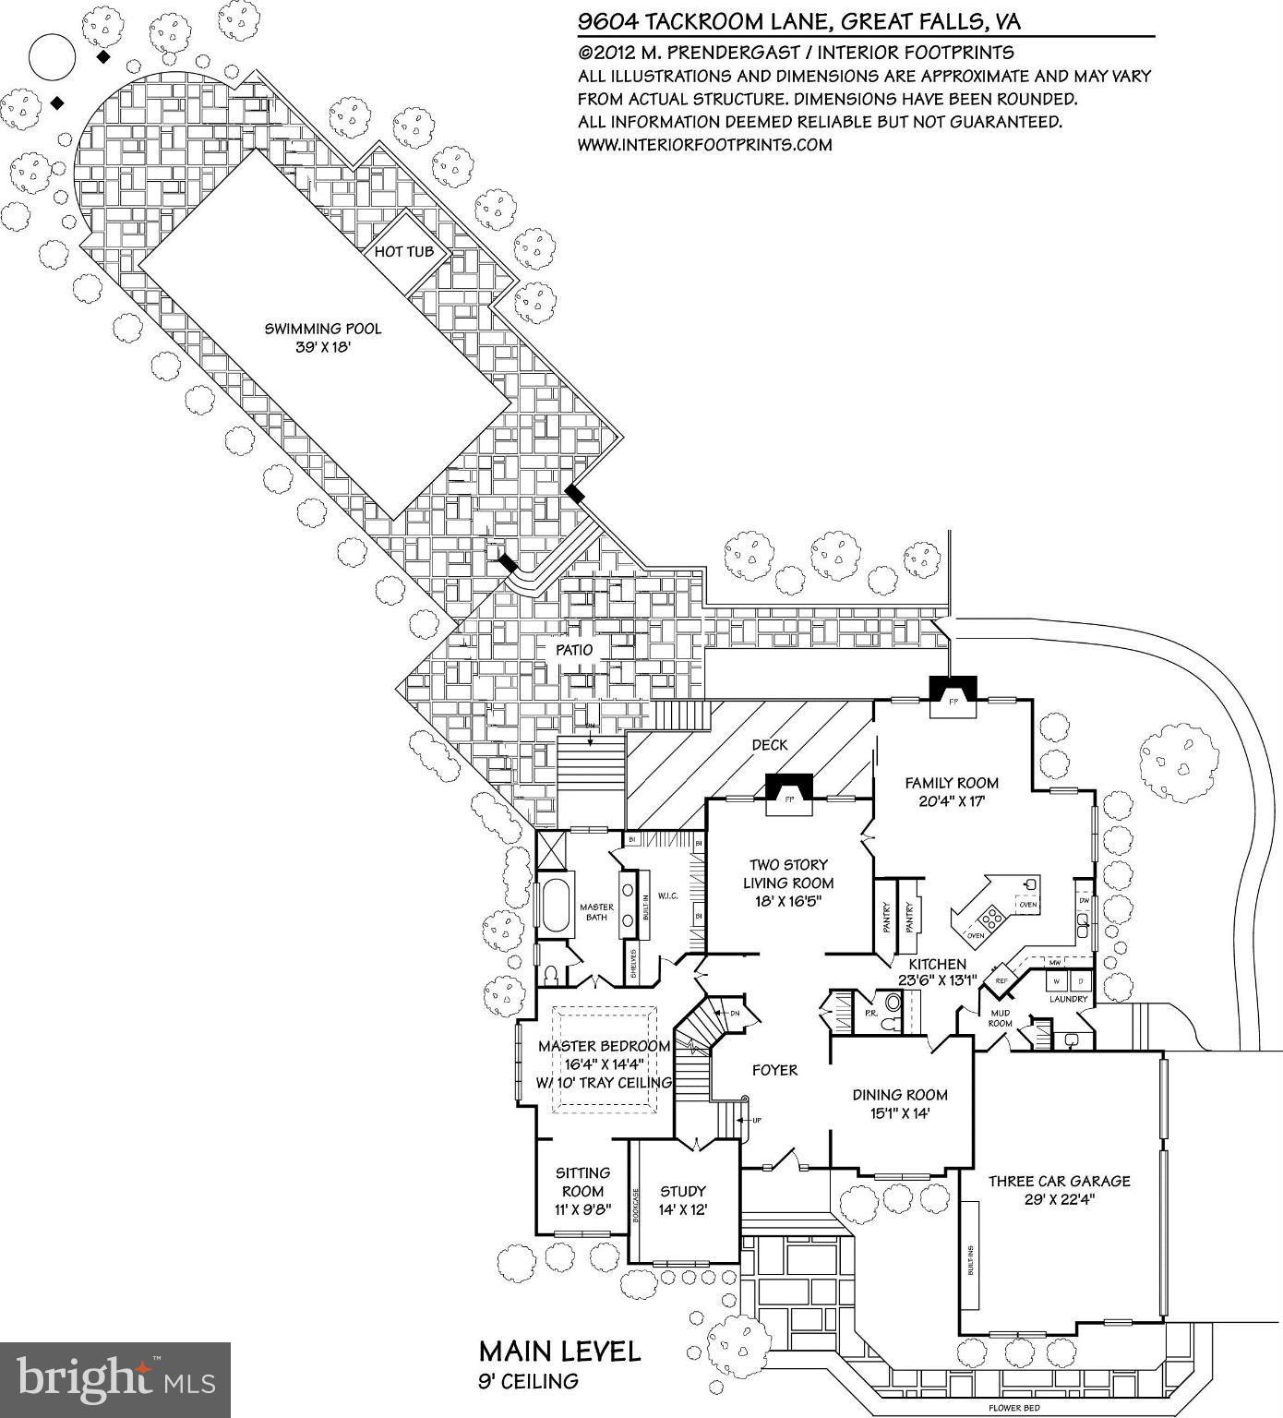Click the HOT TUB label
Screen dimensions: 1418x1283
tap(404, 252)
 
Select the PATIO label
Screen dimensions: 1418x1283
tap(573, 650)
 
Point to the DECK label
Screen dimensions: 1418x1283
tap(769, 744)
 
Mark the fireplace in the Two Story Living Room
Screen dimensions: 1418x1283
tap(789, 787)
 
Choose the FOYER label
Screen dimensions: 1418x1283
tap(774, 1070)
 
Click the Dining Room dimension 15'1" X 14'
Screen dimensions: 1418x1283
tap(900, 1114)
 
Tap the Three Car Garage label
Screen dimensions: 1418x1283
tap(1059, 1181)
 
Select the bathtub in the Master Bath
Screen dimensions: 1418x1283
tap(556, 907)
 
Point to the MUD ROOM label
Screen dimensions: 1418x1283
tap(1001, 1017)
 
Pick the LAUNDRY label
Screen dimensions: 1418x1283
tap(1068, 999)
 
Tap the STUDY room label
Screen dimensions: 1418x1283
tap(683, 1191)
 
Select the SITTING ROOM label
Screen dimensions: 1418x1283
tap(582, 1182)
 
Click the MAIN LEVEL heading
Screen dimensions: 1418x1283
tap(559, 1352)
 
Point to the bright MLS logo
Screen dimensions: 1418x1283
tap(115, 1379)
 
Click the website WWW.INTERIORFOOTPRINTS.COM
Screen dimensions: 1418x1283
tap(704, 145)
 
